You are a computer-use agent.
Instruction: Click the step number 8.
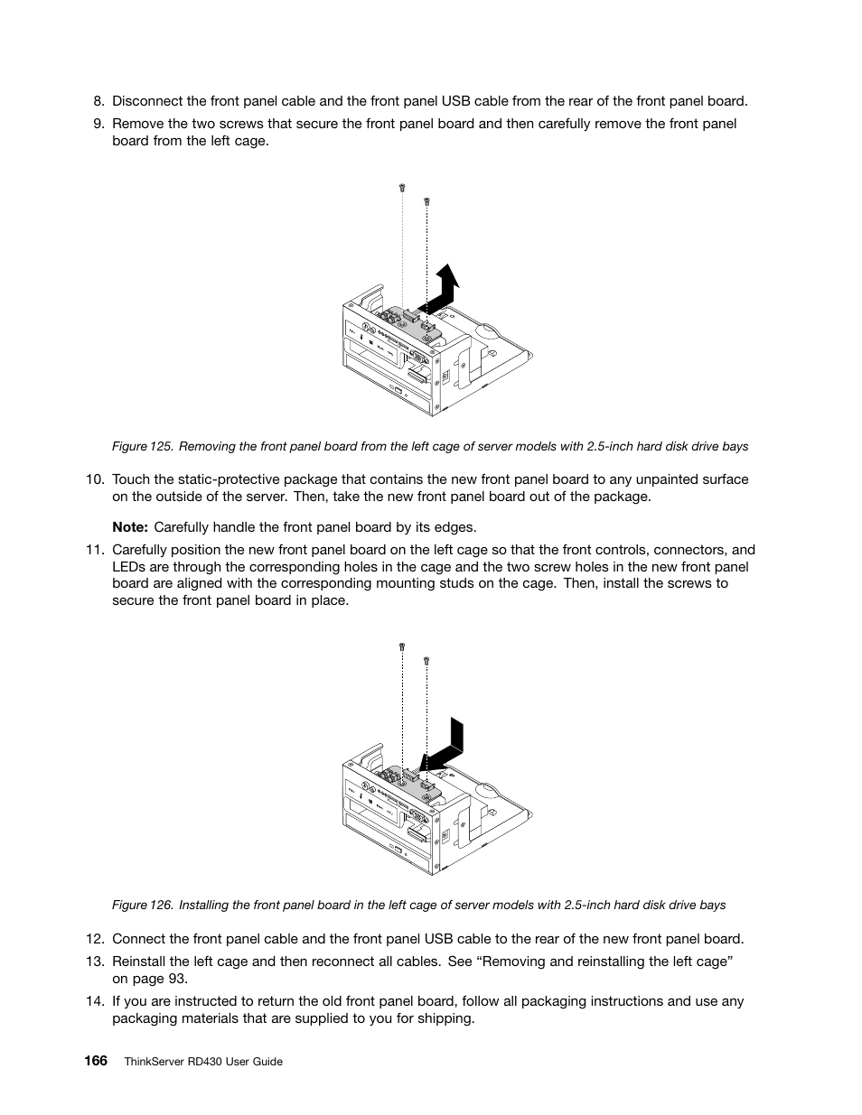click(98, 101)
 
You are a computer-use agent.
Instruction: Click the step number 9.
click(98, 124)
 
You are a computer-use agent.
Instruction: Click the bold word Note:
click(130, 527)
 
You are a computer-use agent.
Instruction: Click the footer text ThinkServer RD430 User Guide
click(203, 1062)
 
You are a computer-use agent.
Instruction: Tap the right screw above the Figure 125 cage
click(427, 201)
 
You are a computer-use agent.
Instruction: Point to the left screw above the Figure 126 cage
click(402, 646)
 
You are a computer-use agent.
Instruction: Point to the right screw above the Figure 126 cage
click(427, 660)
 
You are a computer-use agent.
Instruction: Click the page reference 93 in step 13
click(177, 979)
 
